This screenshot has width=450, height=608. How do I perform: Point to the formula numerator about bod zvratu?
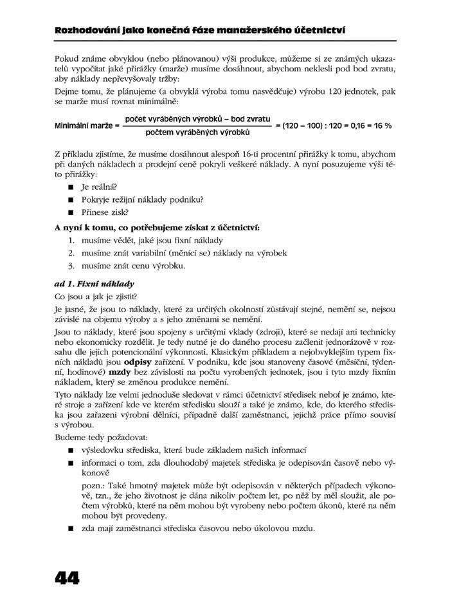click(197, 119)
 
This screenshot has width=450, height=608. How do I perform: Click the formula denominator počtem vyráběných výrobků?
click(197, 133)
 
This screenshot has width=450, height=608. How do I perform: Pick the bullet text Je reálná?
click(94, 187)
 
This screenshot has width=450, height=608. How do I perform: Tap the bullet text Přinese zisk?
click(98, 212)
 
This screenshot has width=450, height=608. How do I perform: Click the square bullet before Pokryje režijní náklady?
click(69, 200)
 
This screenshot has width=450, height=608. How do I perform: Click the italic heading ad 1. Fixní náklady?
click(94, 282)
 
